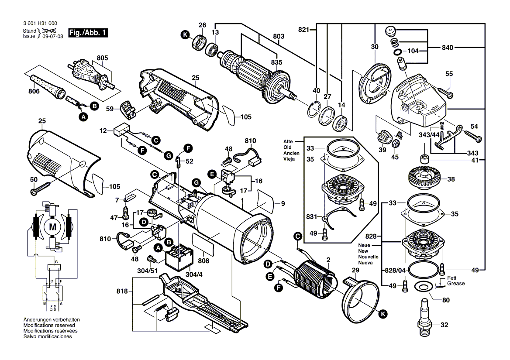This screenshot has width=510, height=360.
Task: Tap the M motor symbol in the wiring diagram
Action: point(53,226)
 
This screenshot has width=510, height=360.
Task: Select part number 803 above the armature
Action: point(279,36)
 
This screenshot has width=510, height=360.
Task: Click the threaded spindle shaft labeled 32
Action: point(423,316)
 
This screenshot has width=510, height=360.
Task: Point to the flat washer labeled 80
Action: point(422,287)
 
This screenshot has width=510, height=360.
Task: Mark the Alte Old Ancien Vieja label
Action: point(288,151)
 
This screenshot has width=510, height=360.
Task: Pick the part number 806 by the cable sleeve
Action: point(34,91)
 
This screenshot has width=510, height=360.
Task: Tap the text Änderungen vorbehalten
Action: point(52,320)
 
